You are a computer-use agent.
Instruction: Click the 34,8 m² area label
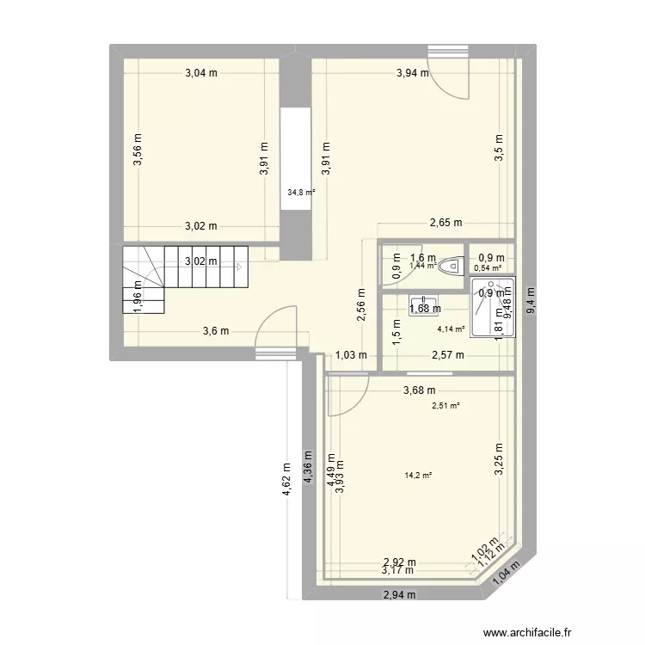[x=301, y=193]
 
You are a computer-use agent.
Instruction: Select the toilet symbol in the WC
[x=449, y=267]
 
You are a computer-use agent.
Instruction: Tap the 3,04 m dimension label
[x=201, y=73]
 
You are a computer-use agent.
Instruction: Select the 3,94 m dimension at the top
[x=412, y=73]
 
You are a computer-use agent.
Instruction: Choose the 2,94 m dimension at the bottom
[x=399, y=594]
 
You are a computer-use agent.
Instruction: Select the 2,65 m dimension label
[x=445, y=223]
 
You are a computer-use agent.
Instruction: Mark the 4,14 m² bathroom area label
[x=451, y=329]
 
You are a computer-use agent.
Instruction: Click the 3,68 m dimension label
[x=420, y=393]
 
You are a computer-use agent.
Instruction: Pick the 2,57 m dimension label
[x=447, y=354]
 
